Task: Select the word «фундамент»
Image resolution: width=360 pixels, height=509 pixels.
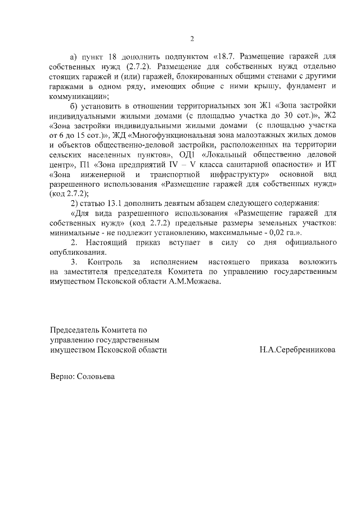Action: [x=299, y=86]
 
